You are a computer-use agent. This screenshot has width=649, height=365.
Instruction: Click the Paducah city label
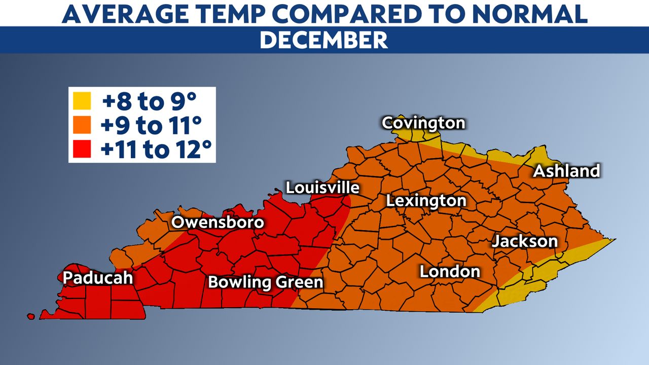(97, 278)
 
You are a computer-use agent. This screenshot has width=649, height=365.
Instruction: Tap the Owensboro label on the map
(218, 223)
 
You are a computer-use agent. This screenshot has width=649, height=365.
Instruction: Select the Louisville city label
(322, 188)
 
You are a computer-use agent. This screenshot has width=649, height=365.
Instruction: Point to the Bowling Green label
(266, 282)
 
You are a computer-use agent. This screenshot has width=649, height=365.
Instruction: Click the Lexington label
(426, 201)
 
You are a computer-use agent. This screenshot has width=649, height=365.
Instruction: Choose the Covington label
(423, 123)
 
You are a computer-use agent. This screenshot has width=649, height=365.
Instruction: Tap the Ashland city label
(566, 171)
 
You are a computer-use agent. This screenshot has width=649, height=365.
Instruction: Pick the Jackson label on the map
(524, 241)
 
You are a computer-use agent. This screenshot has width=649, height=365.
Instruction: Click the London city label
(450, 272)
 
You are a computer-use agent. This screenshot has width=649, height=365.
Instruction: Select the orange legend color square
(82, 125)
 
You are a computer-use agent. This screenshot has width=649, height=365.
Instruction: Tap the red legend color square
(82, 149)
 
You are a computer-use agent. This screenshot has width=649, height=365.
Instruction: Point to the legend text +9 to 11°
(152, 125)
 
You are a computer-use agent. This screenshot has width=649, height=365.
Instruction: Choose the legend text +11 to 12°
(156, 149)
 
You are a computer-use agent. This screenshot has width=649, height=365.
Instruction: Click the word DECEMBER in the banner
(324, 40)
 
